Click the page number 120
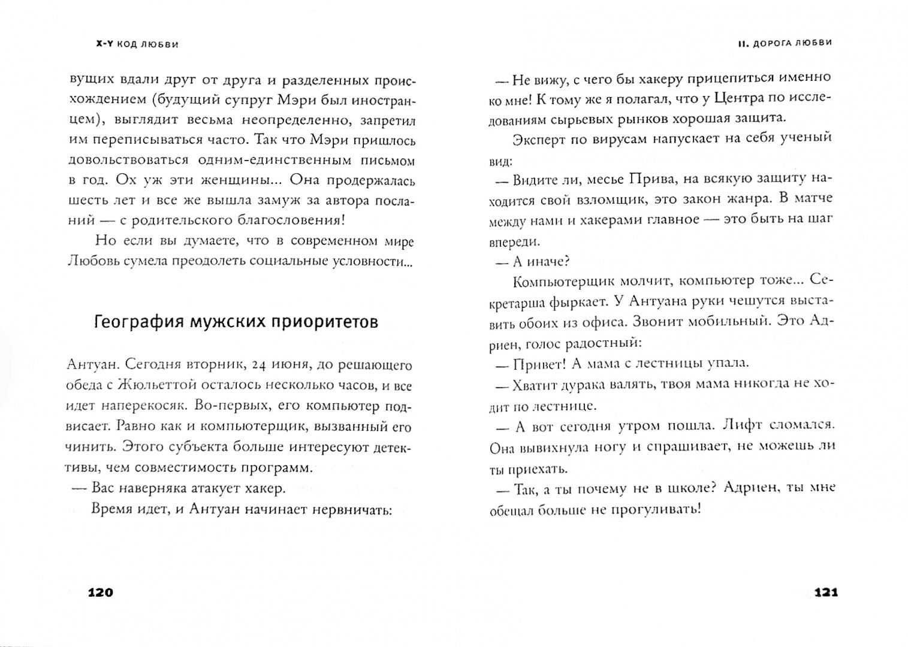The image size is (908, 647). [100, 593]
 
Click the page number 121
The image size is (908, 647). [825, 593]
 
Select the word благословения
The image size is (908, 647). [282, 220]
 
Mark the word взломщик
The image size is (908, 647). [644, 199]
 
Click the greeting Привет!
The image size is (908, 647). [539, 364]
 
